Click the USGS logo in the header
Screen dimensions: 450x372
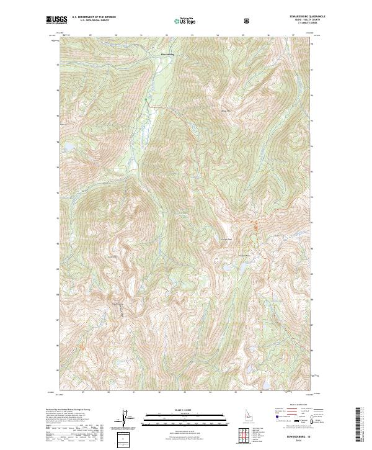click(57, 20)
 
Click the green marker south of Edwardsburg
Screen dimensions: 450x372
click(144, 99)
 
